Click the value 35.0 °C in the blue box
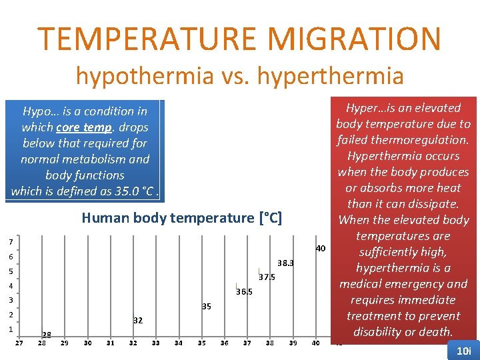(134, 191)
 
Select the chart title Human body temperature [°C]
(181, 218)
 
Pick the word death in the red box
(435, 332)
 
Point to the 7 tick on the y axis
(11, 241)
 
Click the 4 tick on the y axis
(11, 286)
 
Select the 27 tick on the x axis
(19, 343)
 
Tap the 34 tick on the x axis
(178, 343)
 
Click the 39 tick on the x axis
(293, 343)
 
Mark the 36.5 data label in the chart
(244, 291)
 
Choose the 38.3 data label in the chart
(285, 263)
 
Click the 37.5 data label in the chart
(267, 277)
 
